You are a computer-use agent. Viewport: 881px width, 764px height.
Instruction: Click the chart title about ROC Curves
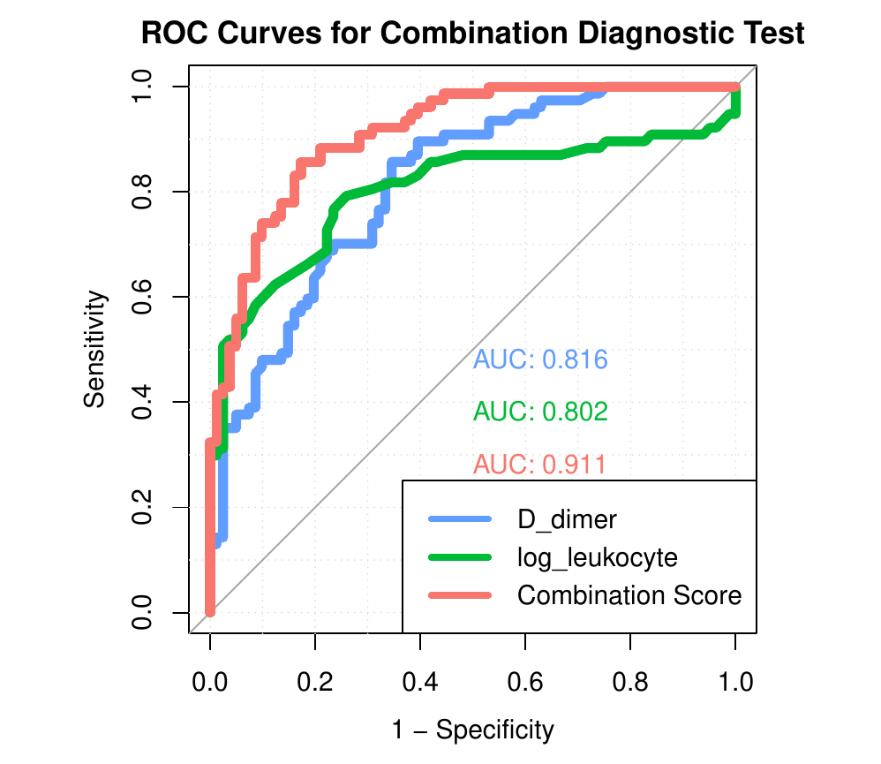pos(472,34)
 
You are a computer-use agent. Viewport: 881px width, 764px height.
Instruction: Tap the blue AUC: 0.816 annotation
pos(540,359)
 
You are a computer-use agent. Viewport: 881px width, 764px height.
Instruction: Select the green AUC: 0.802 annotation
pos(540,412)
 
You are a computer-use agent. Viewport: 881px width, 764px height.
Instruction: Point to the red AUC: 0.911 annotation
pos(540,465)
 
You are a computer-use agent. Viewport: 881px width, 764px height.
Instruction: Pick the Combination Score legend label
pos(629,595)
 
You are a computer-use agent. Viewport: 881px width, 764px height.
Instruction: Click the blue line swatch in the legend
pos(459,519)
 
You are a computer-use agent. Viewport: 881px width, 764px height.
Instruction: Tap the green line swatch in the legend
pos(459,557)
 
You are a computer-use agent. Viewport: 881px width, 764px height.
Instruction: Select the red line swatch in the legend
pos(459,595)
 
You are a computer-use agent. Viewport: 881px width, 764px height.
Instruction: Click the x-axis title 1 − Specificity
pos(472,730)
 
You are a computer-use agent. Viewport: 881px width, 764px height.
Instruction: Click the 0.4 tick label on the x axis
pos(420,683)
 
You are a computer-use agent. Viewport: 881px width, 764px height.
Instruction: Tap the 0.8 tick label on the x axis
pos(630,683)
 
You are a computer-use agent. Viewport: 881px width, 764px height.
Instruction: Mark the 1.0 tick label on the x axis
pos(735,683)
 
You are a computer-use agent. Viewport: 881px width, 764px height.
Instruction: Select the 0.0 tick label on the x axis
pos(210,683)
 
